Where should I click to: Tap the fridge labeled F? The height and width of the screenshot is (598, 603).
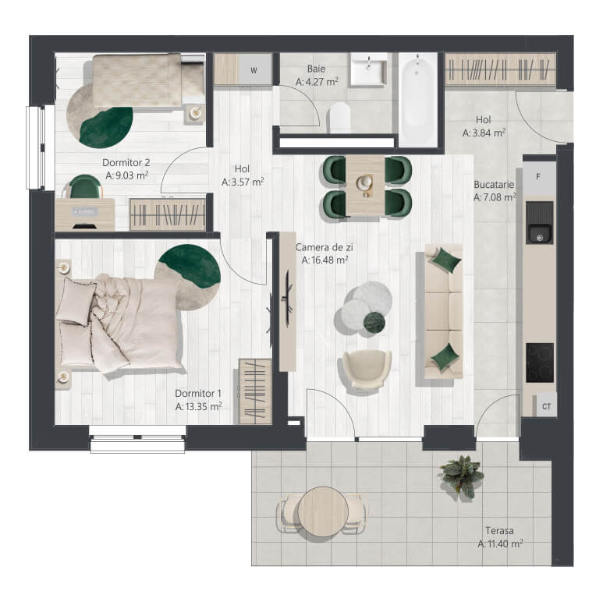tap(539, 177)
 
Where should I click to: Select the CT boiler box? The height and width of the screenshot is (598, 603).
tap(546, 405)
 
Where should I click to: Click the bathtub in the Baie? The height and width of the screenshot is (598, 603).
tap(418, 100)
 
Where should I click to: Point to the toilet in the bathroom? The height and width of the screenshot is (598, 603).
tap(340, 118)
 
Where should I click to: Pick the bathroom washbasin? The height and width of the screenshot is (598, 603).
tap(368, 70)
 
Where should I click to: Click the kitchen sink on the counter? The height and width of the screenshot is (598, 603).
tap(539, 222)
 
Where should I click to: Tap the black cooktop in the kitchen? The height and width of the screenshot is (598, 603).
tap(540, 363)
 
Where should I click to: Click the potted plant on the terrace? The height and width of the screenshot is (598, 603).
tap(461, 476)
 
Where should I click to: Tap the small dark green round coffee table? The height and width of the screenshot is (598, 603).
tap(374, 322)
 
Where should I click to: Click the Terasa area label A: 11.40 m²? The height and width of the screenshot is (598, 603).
tap(500, 543)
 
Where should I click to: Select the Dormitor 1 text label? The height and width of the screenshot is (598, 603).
tap(198, 393)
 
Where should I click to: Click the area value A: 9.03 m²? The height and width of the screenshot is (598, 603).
tap(127, 175)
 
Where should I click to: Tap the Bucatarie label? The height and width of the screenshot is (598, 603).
tap(494, 185)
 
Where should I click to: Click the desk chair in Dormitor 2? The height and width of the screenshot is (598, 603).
tap(84, 187)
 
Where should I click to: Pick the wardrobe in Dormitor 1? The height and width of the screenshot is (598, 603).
tap(255, 391)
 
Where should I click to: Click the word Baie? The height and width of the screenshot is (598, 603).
tap(316, 69)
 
